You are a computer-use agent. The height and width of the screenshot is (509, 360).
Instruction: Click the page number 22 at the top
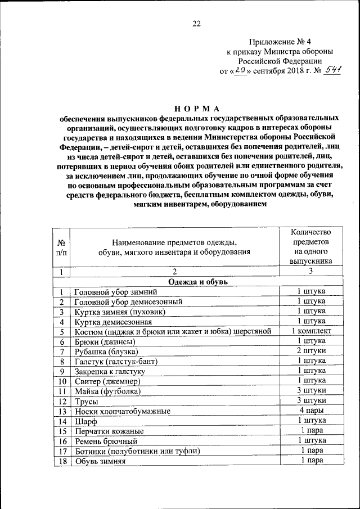click(x=196, y=23)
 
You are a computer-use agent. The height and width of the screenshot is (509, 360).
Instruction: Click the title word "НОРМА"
click(x=197, y=108)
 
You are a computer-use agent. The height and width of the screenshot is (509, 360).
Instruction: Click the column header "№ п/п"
click(x=61, y=247)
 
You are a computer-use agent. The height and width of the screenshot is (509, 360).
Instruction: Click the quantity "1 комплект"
click(x=310, y=331)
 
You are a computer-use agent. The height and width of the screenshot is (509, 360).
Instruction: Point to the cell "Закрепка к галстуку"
click(x=110, y=371)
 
